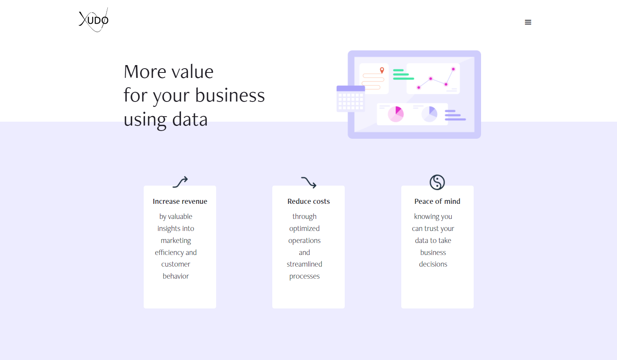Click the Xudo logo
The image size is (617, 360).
94,20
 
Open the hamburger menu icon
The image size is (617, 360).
528,22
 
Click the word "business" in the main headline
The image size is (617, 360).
230,95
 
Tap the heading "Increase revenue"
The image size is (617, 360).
180,202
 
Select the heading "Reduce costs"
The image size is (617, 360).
308,202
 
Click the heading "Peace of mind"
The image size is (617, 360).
437,202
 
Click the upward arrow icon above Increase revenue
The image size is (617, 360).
180,182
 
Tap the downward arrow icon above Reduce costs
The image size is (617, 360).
309,182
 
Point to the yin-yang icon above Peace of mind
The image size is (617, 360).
437,182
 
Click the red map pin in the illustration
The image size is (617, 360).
382,70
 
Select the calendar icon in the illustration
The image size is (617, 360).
351,99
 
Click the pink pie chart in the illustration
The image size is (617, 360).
396,114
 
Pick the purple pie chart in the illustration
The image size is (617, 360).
430,114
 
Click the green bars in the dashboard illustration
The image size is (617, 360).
402,74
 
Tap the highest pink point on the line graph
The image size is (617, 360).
453,69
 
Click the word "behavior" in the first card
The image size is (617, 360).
176,276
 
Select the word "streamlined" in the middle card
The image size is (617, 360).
304,264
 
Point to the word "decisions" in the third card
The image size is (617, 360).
433,264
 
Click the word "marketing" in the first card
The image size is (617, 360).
176,241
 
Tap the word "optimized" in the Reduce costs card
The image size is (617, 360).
304,229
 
